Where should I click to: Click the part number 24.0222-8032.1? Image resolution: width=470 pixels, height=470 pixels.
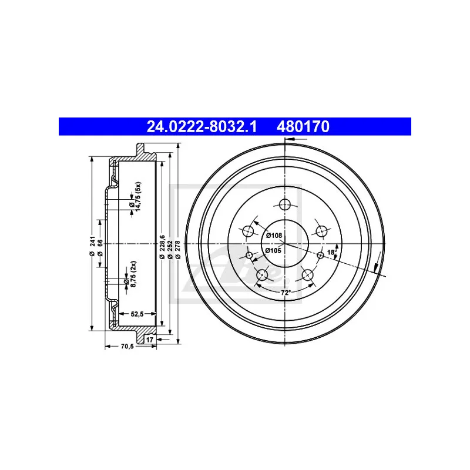[202, 126]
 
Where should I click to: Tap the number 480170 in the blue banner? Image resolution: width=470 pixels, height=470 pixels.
[303, 126]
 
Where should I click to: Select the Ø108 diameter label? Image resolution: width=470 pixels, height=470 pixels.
[274, 236]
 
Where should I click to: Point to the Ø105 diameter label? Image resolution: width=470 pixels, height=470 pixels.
[273, 251]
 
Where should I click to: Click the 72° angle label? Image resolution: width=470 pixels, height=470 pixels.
[286, 293]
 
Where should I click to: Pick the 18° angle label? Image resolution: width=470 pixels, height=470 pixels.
[332, 252]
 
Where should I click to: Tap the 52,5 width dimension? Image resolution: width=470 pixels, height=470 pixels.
[137, 314]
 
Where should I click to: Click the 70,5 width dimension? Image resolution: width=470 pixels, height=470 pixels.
[127, 346]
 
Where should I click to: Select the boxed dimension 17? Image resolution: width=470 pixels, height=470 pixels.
[150, 340]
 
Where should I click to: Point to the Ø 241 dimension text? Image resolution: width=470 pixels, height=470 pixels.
[92, 246]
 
